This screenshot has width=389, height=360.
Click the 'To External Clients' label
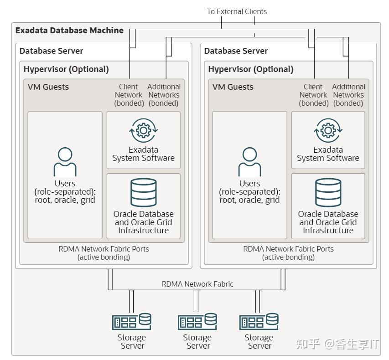pos(237,11)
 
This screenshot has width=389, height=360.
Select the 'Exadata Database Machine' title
pos(69,30)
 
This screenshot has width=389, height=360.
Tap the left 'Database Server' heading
pos(51,51)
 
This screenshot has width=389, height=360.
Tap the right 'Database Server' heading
pos(236,51)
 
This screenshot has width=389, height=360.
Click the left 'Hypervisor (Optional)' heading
pos(66,69)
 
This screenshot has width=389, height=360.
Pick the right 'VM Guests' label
pos(233,87)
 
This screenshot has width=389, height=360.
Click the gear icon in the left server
pos(143,130)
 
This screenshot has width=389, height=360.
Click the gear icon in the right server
pos(328,130)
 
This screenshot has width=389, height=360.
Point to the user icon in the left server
pos(65,162)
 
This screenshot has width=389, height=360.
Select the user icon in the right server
pos(249,162)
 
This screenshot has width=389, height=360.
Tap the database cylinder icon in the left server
pos(143,192)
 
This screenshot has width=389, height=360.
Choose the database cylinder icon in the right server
pos(328,192)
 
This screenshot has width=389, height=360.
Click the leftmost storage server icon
pos(131,322)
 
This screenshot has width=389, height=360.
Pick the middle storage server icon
pos(197,322)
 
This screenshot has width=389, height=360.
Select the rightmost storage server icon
pos(259,322)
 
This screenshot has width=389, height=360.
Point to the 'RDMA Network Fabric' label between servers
pos(197,284)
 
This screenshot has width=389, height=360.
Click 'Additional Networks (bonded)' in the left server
pos(164,95)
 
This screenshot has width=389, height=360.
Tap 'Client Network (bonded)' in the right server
pos(313,95)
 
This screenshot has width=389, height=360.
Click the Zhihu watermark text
pos(337,344)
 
